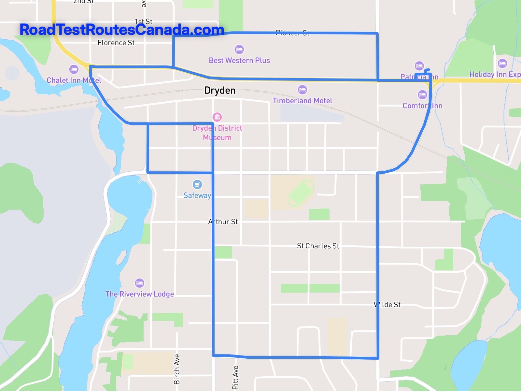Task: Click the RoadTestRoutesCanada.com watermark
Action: tap(122, 30)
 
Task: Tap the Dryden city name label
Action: tap(220, 90)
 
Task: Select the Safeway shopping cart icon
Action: tap(197, 184)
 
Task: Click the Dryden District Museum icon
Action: tap(217, 117)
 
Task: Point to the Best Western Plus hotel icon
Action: tap(239, 50)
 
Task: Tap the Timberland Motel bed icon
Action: tap(302, 90)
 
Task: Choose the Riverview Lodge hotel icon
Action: tap(139, 283)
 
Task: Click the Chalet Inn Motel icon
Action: tap(74, 69)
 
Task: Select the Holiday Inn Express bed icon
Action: tap(502, 64)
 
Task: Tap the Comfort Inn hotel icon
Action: tap(422, 95)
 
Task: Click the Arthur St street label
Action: tap(223, 222)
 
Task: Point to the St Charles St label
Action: tap(318, 246)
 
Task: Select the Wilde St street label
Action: tap(387, 305)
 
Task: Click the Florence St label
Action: tap(116, 43)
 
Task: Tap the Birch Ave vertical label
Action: tap(177, 369)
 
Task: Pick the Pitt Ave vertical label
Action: tap(235, 377)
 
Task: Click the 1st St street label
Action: tap(144, 22)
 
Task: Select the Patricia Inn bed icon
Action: tap(419, 66)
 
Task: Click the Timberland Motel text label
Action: tap(302, 101)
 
